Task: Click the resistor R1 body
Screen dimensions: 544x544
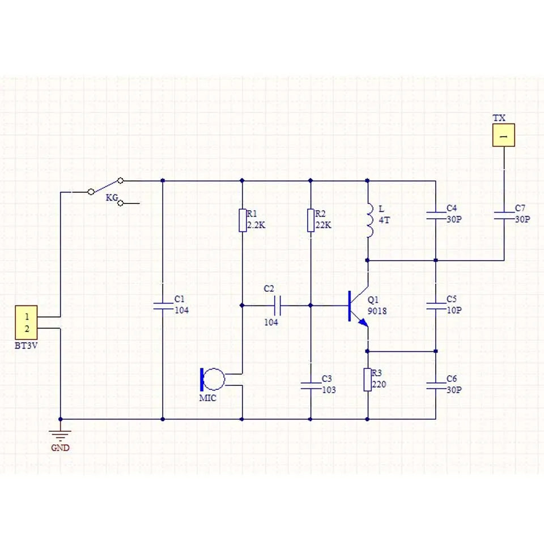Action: (x=242, y=220)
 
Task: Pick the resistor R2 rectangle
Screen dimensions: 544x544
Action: (x=310, y=220)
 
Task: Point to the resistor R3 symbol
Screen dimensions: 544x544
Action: (x=367, y=379)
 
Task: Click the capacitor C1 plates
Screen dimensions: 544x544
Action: (x=163, y=305)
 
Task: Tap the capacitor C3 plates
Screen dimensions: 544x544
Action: (x=310, y=385)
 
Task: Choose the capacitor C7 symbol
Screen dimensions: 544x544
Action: (x=504, y=215)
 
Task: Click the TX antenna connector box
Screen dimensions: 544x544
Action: (x=503, y=136)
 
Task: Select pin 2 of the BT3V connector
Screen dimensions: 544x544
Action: (x=27, y=329)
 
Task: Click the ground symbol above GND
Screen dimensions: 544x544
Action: (x=60, y=436)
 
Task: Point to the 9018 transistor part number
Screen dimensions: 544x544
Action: (x=377, y=311)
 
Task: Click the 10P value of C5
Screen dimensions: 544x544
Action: (x=454, y=310)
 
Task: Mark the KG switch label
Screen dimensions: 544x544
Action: (x=112, y=198)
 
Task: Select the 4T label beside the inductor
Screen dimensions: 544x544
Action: (x=384, y=219)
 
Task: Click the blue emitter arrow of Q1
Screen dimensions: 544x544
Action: (x=363, y=322)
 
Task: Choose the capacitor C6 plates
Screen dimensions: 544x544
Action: (x=435, y=385)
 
